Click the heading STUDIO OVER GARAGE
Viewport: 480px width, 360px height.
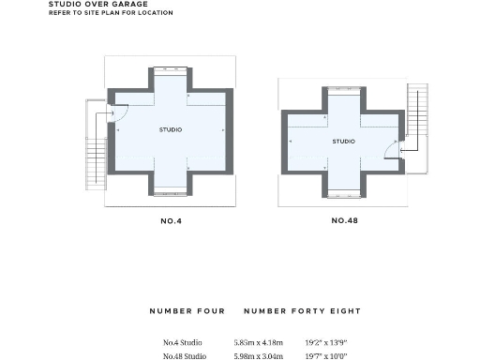[97, 4]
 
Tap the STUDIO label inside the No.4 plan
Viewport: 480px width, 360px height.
[171, 129]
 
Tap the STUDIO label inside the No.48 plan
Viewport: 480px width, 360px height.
[343, 142]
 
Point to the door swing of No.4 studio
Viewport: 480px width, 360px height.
[119, 112]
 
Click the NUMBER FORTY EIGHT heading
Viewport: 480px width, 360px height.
[302, 310]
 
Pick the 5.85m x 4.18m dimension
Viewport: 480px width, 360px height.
[259, 340]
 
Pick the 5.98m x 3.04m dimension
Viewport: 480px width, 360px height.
[259, 355]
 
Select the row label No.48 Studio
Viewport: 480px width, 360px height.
[185, 355]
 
